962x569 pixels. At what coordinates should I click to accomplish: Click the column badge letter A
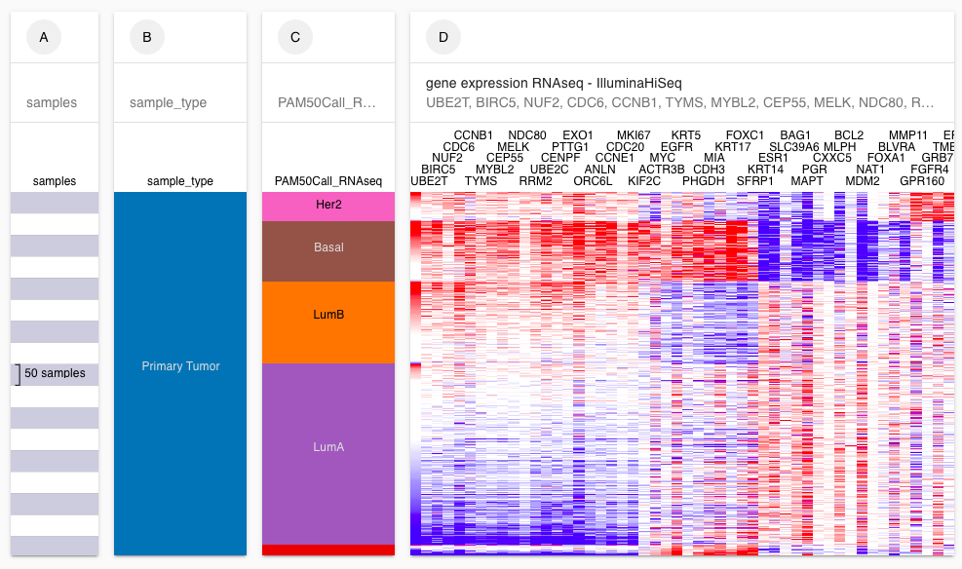point(43,38)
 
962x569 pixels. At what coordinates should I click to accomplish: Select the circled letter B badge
point(147,38)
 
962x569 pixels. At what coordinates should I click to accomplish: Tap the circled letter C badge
point(295,38)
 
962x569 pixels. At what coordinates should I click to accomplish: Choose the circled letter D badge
point(443,38)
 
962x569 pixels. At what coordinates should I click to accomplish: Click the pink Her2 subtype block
point(327,206)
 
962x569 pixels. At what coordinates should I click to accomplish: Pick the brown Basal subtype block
point(327,247)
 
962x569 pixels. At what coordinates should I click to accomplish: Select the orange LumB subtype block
point(327,316)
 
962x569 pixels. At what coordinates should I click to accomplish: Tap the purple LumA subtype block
point(327,447)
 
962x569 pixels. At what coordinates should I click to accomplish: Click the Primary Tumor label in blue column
point(180,366)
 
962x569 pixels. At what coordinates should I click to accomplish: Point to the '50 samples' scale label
point(55,373)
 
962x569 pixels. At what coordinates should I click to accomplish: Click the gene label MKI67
point(634,135)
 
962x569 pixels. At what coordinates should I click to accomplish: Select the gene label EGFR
point(676,147)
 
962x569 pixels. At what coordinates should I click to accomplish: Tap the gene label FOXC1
point(745,135)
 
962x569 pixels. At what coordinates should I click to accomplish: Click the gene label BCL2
point(849,135)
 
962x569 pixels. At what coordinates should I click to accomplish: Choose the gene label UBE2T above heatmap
point(429,181)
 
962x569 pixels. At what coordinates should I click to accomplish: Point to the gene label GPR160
point(922,181)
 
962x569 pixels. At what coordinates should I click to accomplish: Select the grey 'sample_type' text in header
point(168,102)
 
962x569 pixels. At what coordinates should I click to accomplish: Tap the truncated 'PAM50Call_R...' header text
point(327,102)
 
